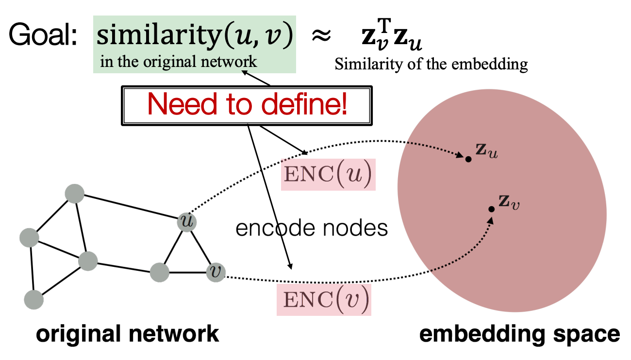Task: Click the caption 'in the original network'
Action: click(x=178, y=62)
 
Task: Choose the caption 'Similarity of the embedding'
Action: click(x=431, y=65)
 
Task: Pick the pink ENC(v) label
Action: click(x=324, y=300)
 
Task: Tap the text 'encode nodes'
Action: click(x=312, y=228)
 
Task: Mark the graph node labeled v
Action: click(x=216, y=273)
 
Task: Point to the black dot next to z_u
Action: click(x=468, y=159)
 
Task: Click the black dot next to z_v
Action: click(x=491, y=209)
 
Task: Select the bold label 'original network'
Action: click(x=128, y=335)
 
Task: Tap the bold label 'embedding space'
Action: click(x=518, y=335)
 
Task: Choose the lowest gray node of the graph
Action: click(x=33, y=299)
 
